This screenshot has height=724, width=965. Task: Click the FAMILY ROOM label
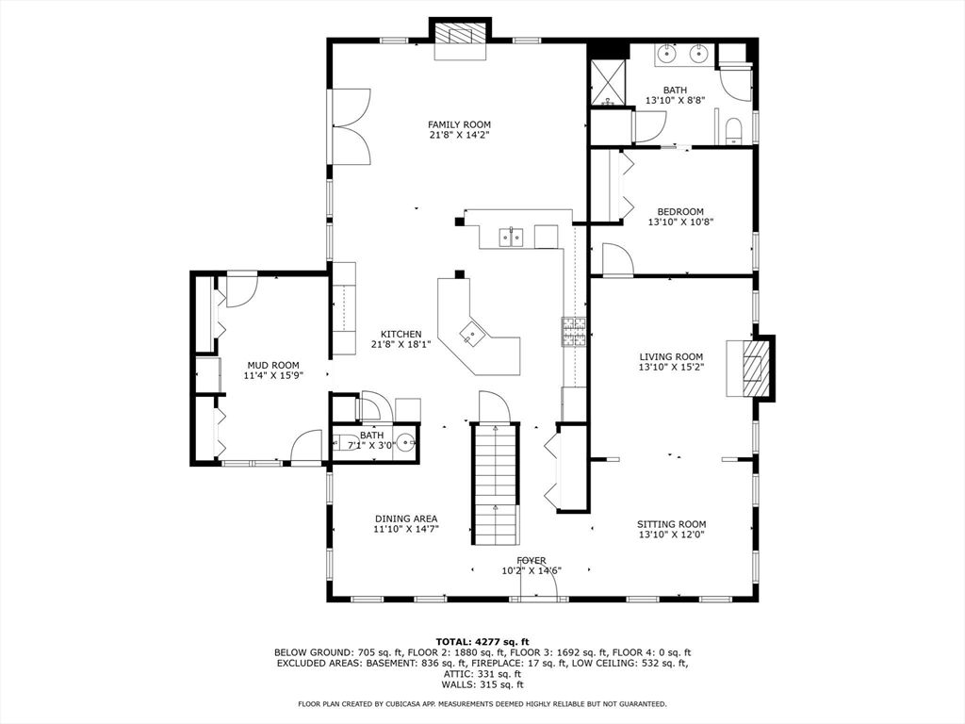pyautogui.click(x=459, y=124)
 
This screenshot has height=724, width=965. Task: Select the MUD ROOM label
pyautogui.click(x=272, y=365)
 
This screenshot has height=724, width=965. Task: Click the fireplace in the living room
pyautogui.click(x=754, y=367)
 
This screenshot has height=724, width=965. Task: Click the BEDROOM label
pyautogui.click(x=679, y=212)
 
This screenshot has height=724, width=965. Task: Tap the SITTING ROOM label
pyautogui.click(x=671, y=524)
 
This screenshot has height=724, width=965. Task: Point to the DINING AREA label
pyautogui.click(x=405, y=518)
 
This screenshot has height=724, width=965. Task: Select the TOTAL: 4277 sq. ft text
pyautogui.click(x=482, y=641)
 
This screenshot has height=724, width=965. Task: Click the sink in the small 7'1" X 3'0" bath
pyautogui.click(x=405, y=440)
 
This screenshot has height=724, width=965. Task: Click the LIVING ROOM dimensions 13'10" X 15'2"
pyautogui.click(x=671, y=368)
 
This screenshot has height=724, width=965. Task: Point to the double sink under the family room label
pyautogui.click(x=512, y=236)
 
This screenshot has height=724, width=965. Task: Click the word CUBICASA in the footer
pyautogui.click(x=431, y=703)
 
